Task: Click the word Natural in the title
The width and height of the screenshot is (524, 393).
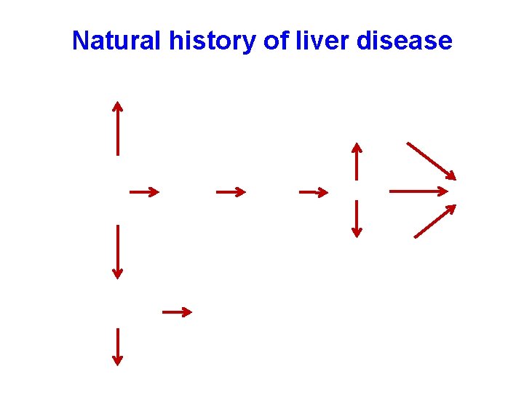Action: pyautogui.click(x=116, y=41)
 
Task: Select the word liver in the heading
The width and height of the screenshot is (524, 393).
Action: pyautogui.click(x=323, y=41)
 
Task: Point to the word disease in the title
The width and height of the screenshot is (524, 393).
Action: pyautogui.click(x=404, y=41)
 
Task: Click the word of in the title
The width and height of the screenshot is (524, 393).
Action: pyautogui.click(x=276, y=41)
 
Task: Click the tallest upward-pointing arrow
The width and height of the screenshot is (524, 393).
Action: pyautogui.click(x=117, y=128)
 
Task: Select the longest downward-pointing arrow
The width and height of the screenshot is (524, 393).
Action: pyautogui.click(x=117, y=251)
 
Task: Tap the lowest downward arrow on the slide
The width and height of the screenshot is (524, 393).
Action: pyautogui.click(x=117, y=346)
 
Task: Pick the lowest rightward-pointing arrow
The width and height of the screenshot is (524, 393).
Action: pyautogui.click(x=177, y=311)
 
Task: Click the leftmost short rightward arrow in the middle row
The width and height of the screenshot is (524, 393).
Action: pyautogui.click(x=144, y=192)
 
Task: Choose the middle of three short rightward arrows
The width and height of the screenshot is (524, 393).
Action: pyautogui.click(x=231, y=192)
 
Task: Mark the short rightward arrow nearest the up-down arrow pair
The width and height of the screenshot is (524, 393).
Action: pyautogui.click(x=314, y=192)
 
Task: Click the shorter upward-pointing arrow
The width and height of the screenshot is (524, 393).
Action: pyautogui.click(x=356, y=161)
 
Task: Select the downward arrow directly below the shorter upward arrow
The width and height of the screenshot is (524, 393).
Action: pyautogui.click(x=356, y=219)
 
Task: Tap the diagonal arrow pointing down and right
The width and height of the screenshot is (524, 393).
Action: pyautogui.click(x=431, y=160)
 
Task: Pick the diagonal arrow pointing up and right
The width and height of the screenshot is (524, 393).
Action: pyautogui.click(x=434, y=221)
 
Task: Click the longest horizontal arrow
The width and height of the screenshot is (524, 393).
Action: pyautogui.click(x=419, y=191)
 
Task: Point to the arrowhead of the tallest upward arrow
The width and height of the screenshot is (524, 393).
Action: pyautogui.click(x=117, y=106)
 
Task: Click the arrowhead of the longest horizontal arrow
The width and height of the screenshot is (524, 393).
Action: pyautogui.click(x=443, y=191)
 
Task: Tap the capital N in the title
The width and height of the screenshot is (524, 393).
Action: pyautogui.click(x=81, y=41)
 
